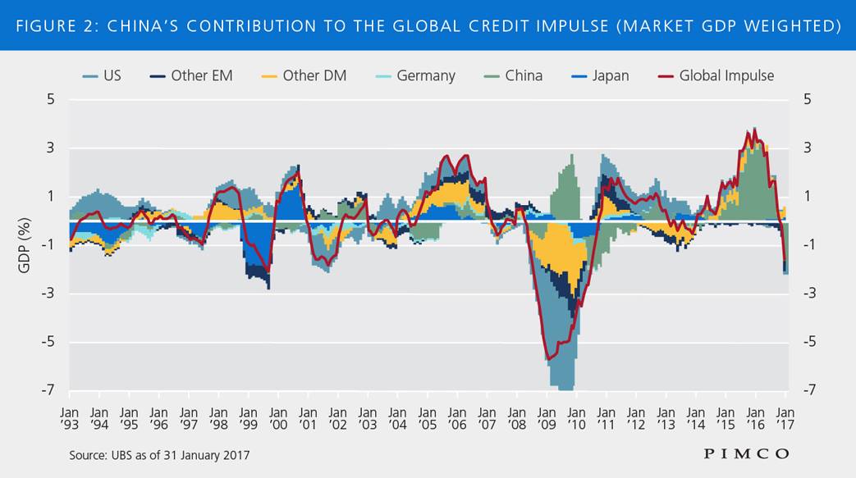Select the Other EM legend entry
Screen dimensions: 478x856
pyautogui.click(x=192, y=75)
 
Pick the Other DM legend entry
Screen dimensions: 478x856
pyautogui.click(x=304, y=75)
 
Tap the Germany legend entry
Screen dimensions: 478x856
pyautogui.click(x=416, y=75)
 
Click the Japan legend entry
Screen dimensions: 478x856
pyautogui.click(x=600, y=75)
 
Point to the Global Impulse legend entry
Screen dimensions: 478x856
pyautogui.click(x=716, y=75)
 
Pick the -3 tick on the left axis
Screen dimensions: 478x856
pyautogui.click(x=48, y=294)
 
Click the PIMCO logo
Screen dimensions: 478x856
pyautogui.click(x=746, y=453)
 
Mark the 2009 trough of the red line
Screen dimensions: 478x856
pyautogui.click(x=547, y=358)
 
